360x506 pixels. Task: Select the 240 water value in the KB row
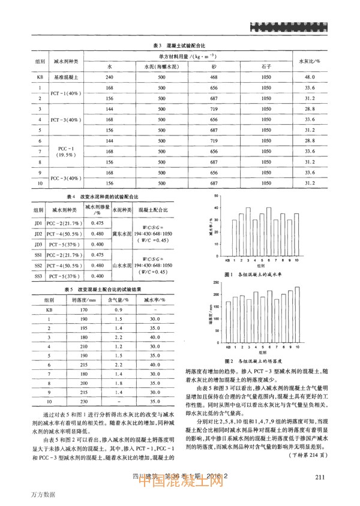click(109, 77)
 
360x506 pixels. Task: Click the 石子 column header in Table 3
click(262, 67)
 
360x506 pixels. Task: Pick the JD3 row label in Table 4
click(37, 244)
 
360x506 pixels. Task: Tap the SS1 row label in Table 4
click(37, 255)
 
